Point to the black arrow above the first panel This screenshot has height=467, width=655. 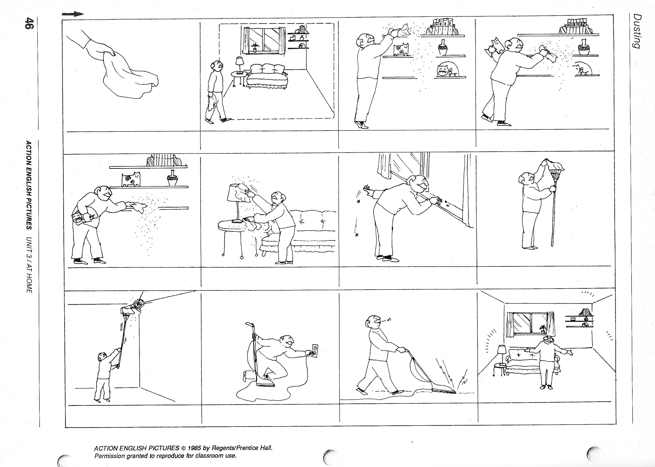click(x=73, y=14)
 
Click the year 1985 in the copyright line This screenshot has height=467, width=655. click(x=194, y=448)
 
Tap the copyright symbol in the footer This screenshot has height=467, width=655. click(x=183, y=448)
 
